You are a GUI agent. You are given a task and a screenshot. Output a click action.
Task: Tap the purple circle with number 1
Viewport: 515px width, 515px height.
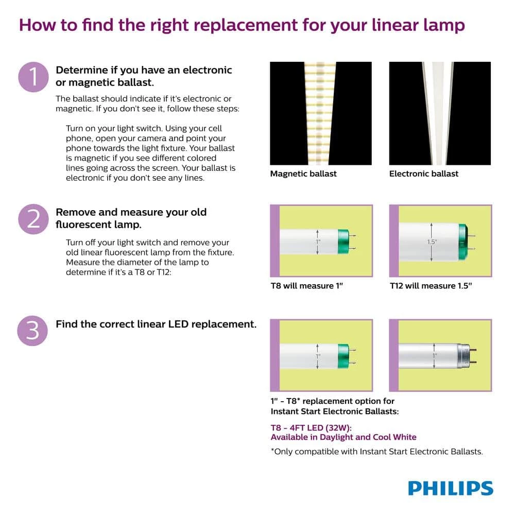[x=33, y=78]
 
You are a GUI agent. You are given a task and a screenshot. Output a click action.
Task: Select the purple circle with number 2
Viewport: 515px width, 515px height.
[x=33, y=219]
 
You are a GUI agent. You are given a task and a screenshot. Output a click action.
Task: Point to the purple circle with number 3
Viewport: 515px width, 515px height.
[x=33, y=330]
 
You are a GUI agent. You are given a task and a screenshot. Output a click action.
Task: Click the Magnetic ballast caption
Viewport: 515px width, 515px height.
[x=303, y=174]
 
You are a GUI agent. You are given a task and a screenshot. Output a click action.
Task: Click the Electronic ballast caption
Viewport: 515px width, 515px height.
[x=423, y=174]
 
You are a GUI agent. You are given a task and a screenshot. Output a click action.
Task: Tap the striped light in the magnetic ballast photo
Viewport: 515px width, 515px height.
[x=320, y=113]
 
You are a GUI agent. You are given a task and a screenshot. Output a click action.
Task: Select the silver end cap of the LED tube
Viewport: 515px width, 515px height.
[x=467, y=356]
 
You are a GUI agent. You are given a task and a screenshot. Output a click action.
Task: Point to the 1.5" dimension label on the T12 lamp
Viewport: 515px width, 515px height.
[x=432, y=242]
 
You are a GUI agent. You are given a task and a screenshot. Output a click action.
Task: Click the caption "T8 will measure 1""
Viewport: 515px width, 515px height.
[x=306, y=285]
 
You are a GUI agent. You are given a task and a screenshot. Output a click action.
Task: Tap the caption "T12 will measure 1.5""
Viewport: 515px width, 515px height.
[x=431, y=285]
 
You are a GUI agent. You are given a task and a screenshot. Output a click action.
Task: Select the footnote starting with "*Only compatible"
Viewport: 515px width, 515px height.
[x=376, y=452]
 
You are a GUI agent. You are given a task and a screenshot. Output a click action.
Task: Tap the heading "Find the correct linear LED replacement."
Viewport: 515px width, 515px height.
[x=156, y=324]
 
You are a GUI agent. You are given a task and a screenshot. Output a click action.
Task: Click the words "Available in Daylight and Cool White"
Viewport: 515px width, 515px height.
[x=344, y=437]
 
